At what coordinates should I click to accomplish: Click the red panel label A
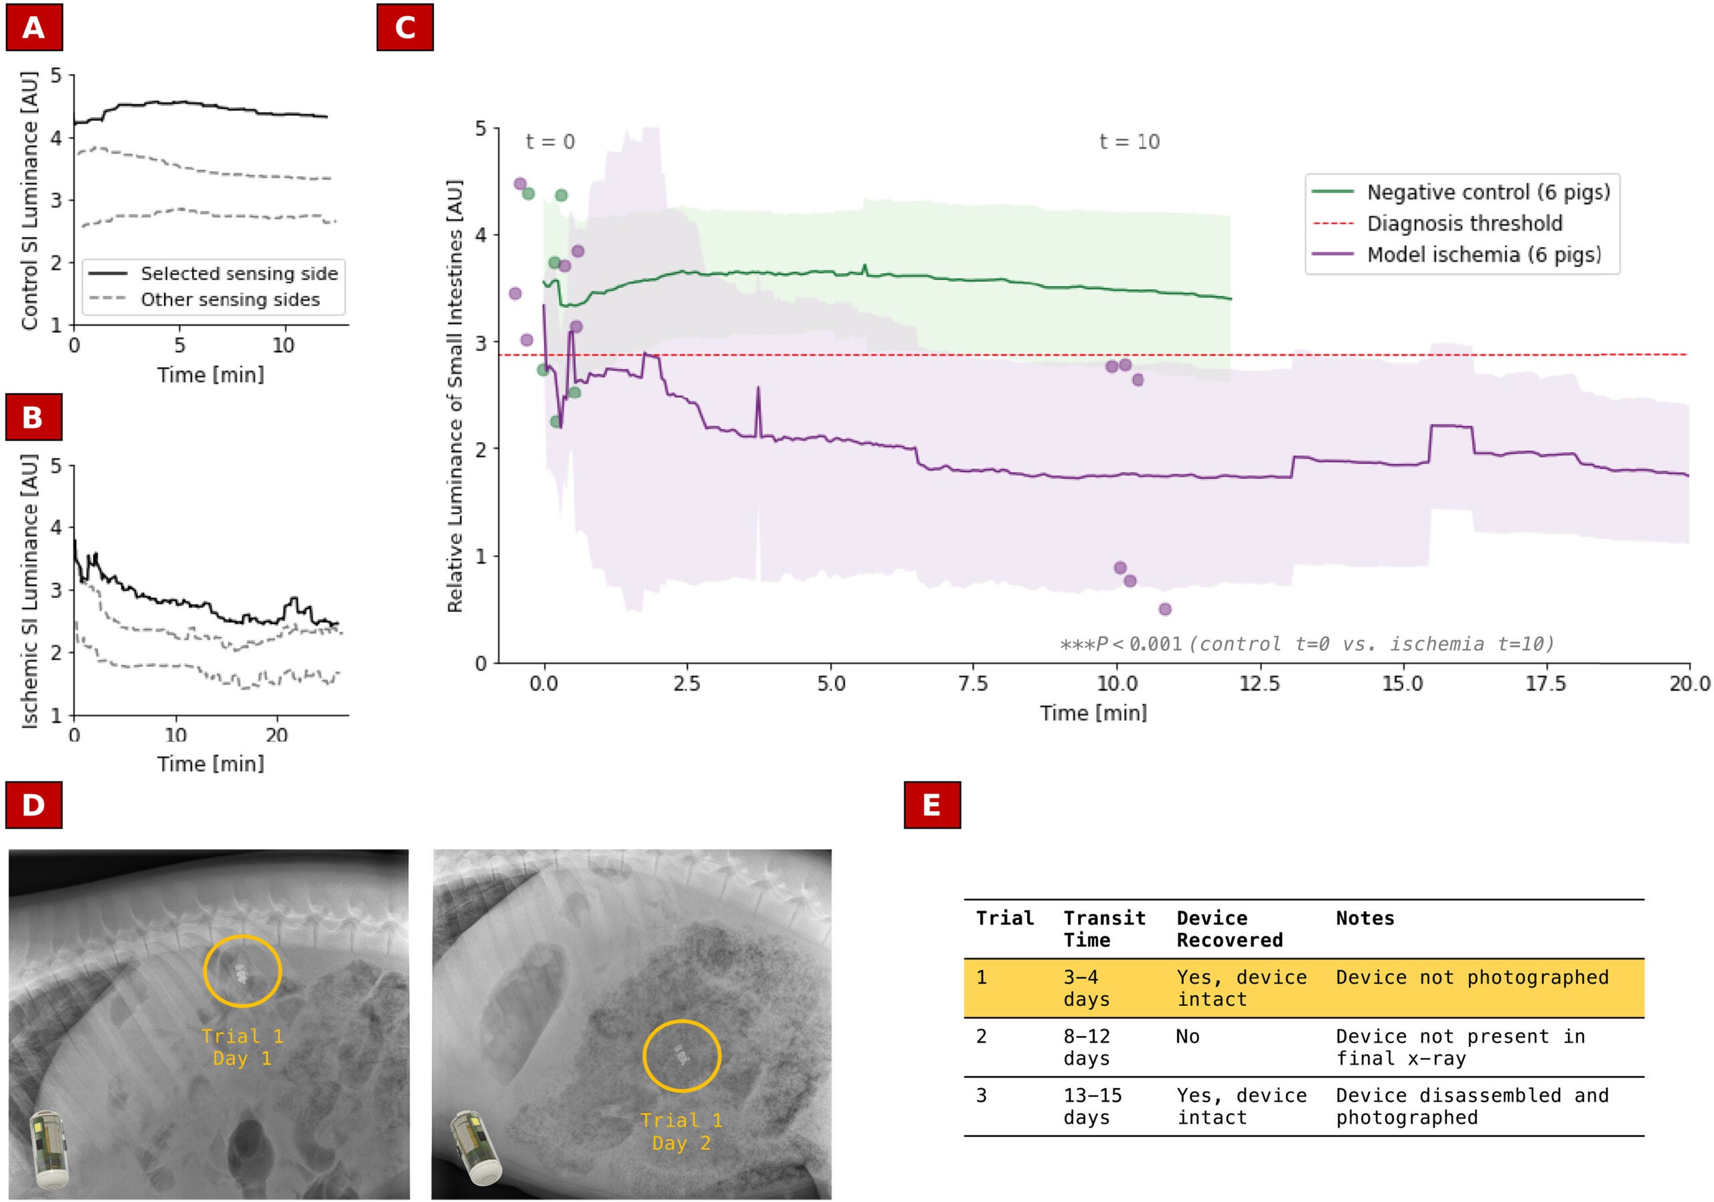(33, 27)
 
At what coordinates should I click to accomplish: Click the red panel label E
(931, 805)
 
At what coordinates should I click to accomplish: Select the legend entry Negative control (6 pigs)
(1488, 193)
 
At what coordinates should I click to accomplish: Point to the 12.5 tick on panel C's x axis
(1259, 683)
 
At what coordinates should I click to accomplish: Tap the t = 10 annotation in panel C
(1129, 142)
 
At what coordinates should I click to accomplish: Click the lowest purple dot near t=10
(1164, 609)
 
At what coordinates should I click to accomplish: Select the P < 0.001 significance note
(1306, 644)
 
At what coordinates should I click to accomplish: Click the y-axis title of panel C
(455, 396)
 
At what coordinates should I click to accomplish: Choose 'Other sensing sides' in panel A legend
(230, 299)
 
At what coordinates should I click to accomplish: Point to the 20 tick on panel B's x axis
(277, 735)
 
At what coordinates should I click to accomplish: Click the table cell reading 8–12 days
(1086, 1047)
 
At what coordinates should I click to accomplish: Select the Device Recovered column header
(1229, 929)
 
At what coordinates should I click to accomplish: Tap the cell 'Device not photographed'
(1472, 977)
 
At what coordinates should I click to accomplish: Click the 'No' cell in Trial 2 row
(1187, 1036)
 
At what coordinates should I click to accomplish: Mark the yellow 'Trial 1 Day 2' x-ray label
(681, 1131)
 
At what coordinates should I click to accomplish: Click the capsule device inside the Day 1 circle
(241, 973)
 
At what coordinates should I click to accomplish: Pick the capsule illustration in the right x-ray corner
(475, 1148)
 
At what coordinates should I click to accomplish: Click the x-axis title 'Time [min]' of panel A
(210, 375)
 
